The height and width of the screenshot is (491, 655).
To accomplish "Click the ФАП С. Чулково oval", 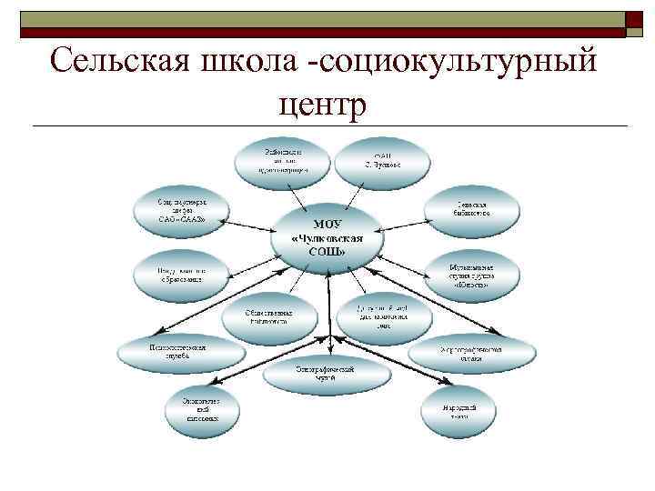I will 379,160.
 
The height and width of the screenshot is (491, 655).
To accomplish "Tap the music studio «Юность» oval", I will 470,275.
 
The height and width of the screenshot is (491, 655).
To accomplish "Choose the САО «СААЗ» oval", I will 179,212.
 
